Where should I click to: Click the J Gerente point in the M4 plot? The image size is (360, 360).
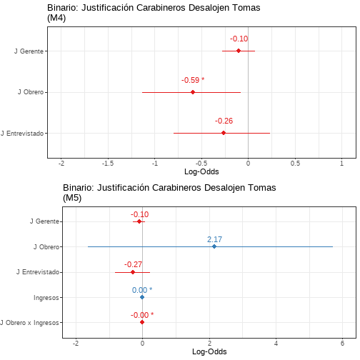click(239, 51)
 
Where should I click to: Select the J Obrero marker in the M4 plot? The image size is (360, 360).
click(193, 92)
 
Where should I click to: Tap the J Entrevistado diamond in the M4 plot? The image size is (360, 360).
click(224, 133)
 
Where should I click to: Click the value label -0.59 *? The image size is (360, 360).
click(193, 80)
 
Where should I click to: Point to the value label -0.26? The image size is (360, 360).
click(224, 121)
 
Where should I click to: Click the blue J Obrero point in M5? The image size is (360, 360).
click(214, 246)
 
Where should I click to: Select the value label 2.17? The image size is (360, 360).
click(214, 239)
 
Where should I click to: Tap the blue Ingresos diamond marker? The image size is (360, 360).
click(142, 297)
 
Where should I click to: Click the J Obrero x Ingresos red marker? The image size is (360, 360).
click(142, 322)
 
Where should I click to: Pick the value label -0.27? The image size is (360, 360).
click(133, 264)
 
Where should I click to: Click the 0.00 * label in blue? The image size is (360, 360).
click(142, 290)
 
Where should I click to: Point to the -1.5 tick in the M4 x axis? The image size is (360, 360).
click(108, 164)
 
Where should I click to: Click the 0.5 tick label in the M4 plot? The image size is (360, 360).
click(295, 164)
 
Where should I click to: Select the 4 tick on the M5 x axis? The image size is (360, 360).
click(276, 344)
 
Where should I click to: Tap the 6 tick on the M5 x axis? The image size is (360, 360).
click(342, 344)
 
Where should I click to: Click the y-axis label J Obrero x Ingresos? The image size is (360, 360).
click(29, 323)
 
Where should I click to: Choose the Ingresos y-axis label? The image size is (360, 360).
click(46, 298)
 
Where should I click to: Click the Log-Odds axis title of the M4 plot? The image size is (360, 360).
click(201, 171)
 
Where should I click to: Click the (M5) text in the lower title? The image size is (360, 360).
click(72, 198)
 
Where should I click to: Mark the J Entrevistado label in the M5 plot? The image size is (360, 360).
click(38, 272)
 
